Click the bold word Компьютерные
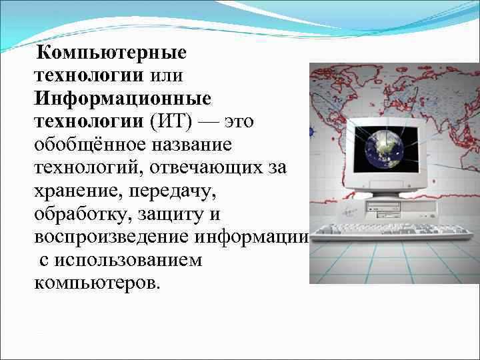[x=112, y=51]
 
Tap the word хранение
[x=75, y=191]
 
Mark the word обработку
[x=80, y=215]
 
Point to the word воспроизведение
[x=112, y=238]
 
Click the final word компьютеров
[x=97, y=283]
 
